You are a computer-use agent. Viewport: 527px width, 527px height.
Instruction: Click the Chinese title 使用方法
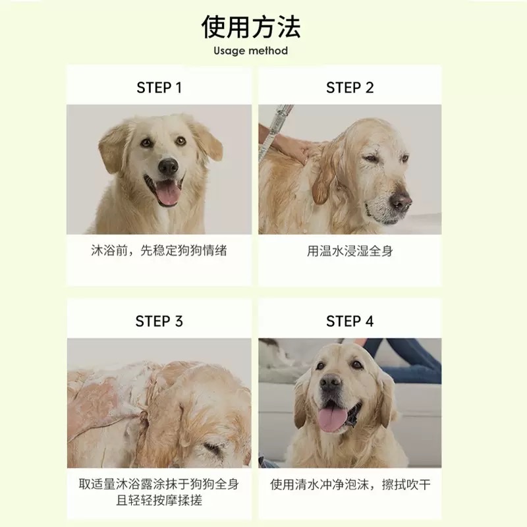pos(251,27)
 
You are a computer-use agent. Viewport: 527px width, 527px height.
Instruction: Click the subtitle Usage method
pos(250,51)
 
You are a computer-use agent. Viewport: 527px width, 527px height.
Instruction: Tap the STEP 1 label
pos(159,88)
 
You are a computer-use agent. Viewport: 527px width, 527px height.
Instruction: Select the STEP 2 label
pos(350,88)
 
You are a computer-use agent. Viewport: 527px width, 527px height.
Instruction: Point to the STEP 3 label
pos(159,321)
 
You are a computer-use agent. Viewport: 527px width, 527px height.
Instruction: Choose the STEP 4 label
pos(350,321)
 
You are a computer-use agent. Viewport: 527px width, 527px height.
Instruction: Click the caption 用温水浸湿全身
pos(350,251)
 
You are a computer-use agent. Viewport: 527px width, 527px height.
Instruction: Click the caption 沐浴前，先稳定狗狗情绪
pos(159,251)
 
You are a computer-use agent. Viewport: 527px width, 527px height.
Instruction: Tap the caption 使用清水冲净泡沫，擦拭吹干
pos(350,485)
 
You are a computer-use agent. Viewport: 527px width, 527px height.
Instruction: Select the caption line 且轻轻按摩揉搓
pos(159,501)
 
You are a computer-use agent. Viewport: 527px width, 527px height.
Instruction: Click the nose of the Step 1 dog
pos(167,166)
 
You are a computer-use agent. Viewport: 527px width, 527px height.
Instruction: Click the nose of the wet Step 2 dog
pos(399,201)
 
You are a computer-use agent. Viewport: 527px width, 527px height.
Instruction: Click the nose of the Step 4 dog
pos(331,383)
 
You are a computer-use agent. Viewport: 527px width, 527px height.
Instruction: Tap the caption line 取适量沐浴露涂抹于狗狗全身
pos(159,485)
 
